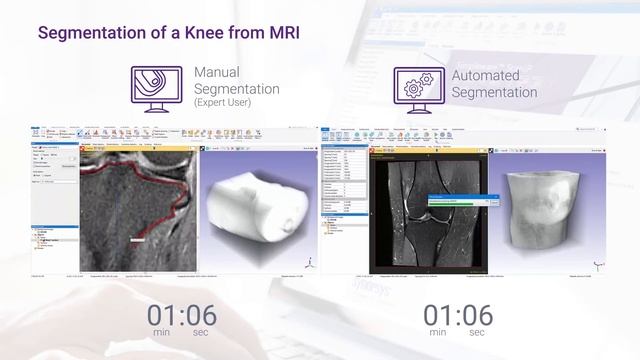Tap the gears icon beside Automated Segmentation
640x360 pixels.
pos(419,89)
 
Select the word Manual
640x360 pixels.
pos(217,74)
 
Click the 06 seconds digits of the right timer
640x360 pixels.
pos(474,315)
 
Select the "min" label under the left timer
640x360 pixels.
pos(161,332)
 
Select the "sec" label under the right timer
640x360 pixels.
pos(477,332)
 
